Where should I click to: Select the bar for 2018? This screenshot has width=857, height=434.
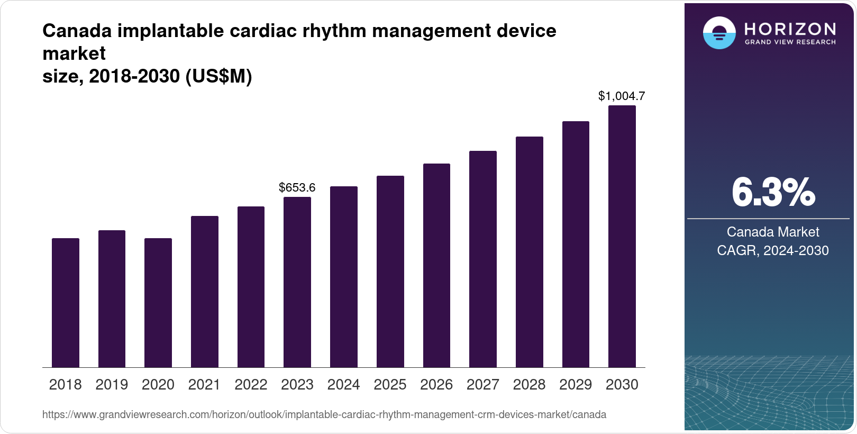click(x=66, y=303)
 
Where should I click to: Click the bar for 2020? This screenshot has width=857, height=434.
click(x=158, y=303)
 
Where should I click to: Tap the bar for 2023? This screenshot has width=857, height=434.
click(x=297, y=282)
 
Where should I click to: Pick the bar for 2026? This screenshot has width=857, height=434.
click(x=436, y=266)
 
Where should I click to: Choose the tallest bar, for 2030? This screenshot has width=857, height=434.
click(x=622, y=237)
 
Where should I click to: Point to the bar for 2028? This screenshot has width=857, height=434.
click(x=530, y=252)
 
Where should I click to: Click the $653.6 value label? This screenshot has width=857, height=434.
click(x=297, y=187)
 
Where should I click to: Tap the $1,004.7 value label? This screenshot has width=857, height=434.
click(x=622, y=96)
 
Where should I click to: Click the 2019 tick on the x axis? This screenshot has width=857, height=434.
click(x=112, y=384)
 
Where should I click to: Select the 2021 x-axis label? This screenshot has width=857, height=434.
click(x=204, y=384)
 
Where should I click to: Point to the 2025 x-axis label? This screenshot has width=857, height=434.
click(x=390, y=384)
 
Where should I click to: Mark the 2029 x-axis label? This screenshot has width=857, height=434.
click(x=576, y=384)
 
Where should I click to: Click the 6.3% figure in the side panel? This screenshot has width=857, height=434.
click(x=773, y=193)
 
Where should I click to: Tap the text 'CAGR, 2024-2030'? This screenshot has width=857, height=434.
click(x=773, y=250)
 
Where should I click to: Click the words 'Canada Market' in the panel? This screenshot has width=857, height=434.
click(x=773, y=232)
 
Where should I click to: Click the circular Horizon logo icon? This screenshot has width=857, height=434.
click(x=719, y=33)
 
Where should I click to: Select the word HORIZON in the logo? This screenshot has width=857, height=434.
click(x=790, y=29)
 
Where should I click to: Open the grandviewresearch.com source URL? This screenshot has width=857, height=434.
click(x=324, y=414)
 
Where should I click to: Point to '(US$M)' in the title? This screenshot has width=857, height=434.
click(x=218, y=76)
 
